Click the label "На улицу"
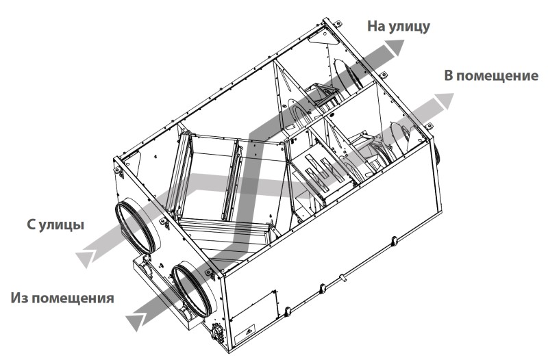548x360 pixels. (x=399, y=27)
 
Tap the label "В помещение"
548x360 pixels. (x=491, y=76)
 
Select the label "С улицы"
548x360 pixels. (x=55, y=224)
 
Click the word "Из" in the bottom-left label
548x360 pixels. (x=21, y=298)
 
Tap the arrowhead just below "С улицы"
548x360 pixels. (x=85, y=259)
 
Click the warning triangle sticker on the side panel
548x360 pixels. (x=249, y=330)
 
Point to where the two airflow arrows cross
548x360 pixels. (x=249, y=185)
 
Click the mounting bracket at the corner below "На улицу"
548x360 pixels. (x=336, y=24)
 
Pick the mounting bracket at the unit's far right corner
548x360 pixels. (x=429, y=127)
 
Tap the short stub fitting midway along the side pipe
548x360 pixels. (x=343, y=278)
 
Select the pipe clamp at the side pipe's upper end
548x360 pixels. (x=395, y=241)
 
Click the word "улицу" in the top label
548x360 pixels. (x=409, y=27)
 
